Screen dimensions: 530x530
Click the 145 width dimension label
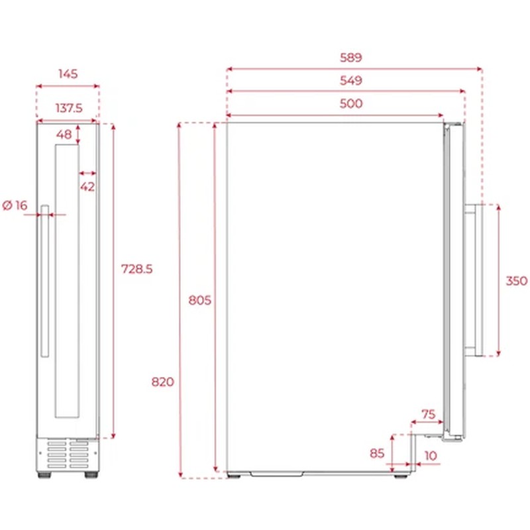click(67, 74)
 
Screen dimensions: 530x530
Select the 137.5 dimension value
click(67, 108)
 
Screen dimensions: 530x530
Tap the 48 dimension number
click(64, 134)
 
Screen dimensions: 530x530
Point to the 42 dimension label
click(87, 186)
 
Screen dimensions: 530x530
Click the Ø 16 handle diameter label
click(15, 205)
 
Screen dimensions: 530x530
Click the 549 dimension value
click(352, 81)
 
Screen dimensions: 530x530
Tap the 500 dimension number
click(352, 103)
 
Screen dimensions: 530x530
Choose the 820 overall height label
click(162, 382)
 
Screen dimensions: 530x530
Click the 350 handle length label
click(516, 281)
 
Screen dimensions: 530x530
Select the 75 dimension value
click(429, 414)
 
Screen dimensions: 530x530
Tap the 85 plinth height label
click(377, 454)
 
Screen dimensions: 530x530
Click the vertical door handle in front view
click(44, 282)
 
